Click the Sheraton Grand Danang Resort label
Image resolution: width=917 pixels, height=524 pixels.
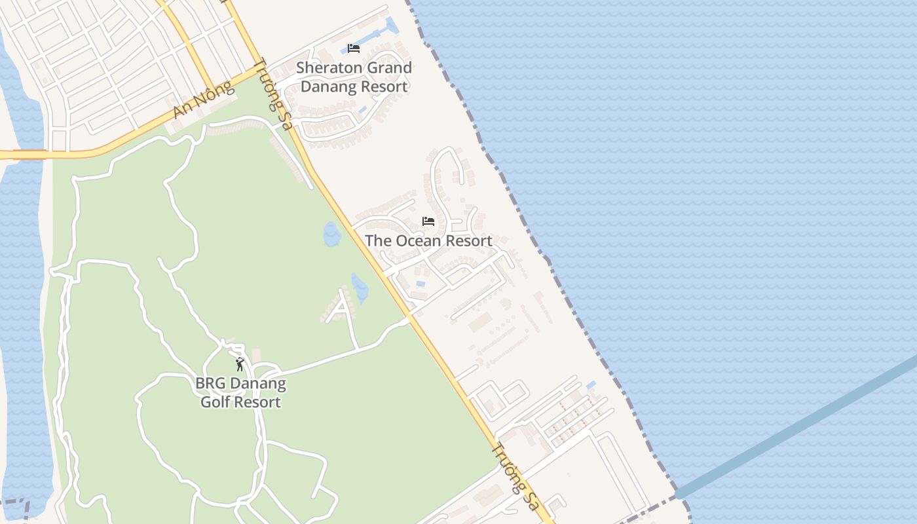354,77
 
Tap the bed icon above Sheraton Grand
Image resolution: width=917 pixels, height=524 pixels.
354,48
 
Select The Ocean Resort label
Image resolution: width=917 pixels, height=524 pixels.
428,241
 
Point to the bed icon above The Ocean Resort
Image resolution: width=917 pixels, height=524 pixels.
428,221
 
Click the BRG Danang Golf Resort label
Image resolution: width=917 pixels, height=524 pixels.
240,392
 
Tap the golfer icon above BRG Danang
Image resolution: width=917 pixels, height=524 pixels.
240,364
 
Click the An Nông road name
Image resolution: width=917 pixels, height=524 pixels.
204,100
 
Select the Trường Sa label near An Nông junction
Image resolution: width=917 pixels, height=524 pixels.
272,94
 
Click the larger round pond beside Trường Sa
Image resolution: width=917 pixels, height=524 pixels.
331,234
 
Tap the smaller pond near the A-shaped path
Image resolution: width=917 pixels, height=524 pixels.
359,288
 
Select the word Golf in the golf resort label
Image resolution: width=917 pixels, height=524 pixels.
217,402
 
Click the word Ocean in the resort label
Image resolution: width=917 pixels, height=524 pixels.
410,241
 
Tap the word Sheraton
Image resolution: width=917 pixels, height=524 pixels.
327,68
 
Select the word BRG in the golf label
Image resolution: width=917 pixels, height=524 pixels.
209,383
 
